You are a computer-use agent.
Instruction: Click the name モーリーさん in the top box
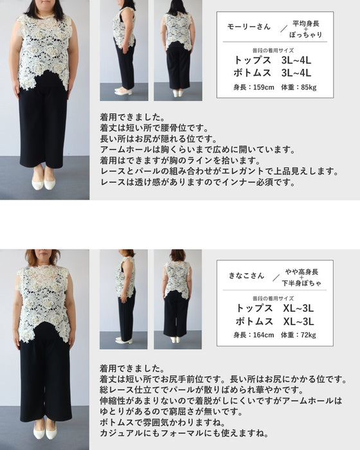tap(246, 27)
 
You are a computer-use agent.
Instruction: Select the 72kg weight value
tap(305, 334)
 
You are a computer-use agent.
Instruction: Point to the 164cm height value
tap(251, 334)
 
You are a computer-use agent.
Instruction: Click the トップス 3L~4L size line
tap(273, 60)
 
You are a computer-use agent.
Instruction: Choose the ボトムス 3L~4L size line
tap(273, 73)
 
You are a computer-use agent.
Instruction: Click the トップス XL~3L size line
tap(273, 309)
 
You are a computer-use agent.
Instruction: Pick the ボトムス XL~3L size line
tap(273, 321)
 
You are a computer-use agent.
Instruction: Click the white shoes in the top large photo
tap(44, 183)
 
